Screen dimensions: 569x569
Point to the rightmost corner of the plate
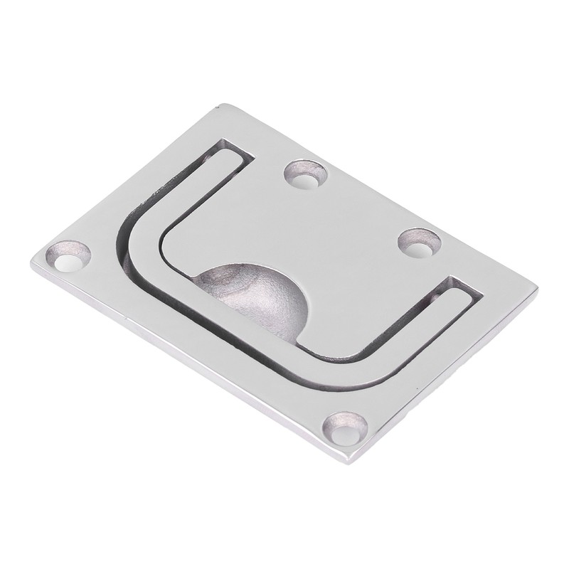538,289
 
